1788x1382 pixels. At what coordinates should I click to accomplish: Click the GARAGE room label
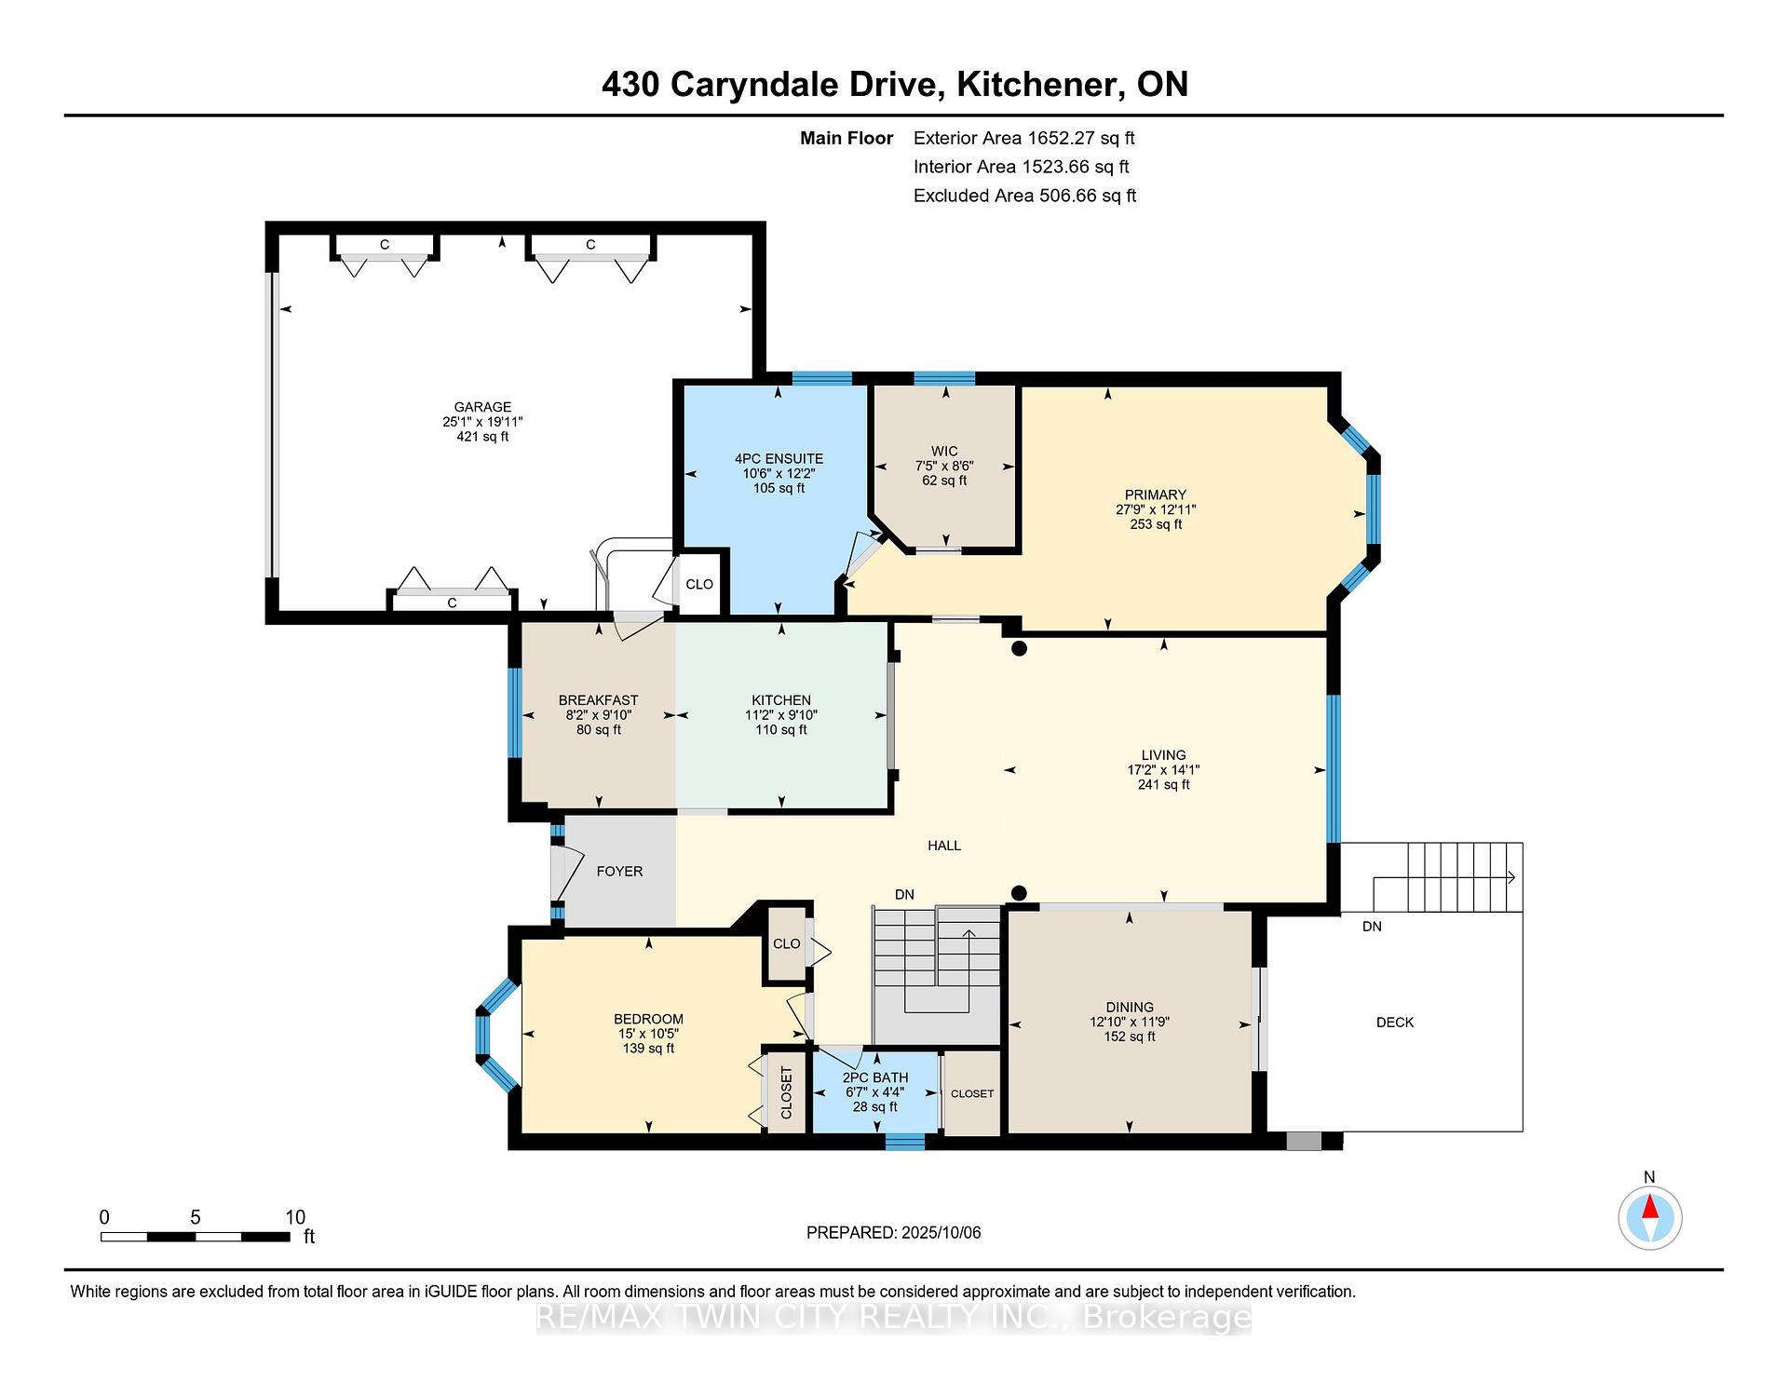(x=482, y=407)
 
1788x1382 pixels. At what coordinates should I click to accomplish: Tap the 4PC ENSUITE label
(x=779, y=458)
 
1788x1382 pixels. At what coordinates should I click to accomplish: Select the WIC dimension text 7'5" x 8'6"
(x=944, y=466)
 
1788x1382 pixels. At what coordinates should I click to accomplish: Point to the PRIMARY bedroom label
(x=1156, y=495)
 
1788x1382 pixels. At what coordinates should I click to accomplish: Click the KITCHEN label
(x=781, y=700)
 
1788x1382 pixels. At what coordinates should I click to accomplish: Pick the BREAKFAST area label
(x=599, y=700)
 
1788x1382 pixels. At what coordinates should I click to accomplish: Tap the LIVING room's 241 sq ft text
(x=1164, y=785)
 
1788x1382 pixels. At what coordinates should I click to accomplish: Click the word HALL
(x=944, y=846)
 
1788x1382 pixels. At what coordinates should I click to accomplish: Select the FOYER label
(x=619, y=872)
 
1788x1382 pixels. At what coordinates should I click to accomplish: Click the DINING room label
(x=1130, y=1007)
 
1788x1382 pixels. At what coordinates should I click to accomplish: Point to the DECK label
(x=1395, y=1022)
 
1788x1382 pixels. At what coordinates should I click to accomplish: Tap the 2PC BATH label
(x=875, y=1077)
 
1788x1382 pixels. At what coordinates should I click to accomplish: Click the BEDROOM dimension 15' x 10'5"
(x=649, y=1034)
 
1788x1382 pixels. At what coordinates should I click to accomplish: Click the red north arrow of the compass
(x=1650, y=1207)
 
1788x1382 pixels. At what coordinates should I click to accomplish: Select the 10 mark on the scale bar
(x=295, y=1217)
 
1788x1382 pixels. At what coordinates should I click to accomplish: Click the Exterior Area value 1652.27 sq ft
(x=1081, y=139)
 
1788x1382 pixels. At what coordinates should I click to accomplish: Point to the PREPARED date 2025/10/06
(x=941, y=1233)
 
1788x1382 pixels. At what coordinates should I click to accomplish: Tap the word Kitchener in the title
(x=1037, y=85)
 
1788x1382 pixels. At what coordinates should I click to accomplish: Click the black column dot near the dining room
(x=1019, y=893)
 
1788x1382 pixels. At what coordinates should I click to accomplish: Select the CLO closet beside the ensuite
(x=699, y=584)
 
